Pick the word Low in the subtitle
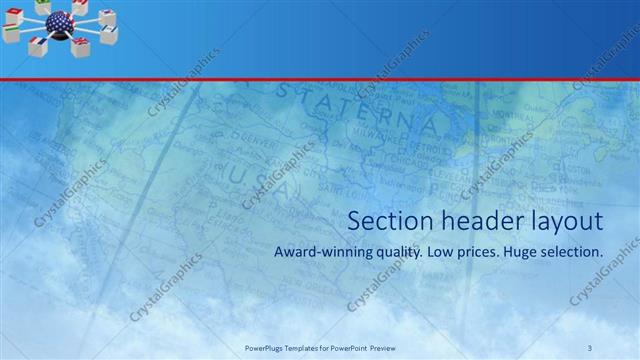(440, 253)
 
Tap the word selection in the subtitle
(573, 253)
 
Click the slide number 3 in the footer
(590, 348)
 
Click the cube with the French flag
(39, 45)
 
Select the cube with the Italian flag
(12, 34)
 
